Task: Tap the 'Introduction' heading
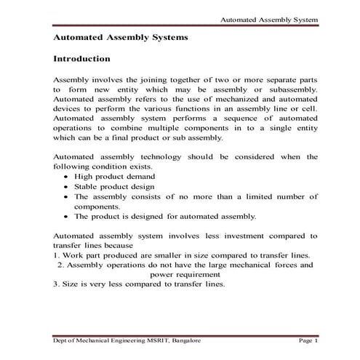tap(82, 57)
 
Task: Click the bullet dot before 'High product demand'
tap(67, 177)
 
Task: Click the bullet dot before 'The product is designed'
tap(67, 217)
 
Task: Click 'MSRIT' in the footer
tap(164, 340)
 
